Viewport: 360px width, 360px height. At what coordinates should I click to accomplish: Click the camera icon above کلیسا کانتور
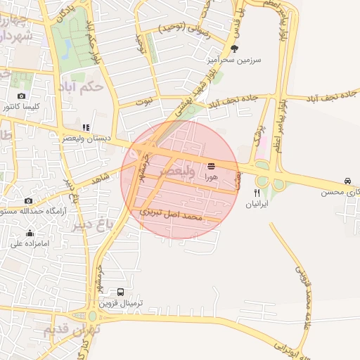click(x=21, y=96)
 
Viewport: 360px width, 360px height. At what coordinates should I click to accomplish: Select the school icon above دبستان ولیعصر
click(x=86, y=127)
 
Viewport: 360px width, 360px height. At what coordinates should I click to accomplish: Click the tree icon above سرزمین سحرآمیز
click(x=234, y=49)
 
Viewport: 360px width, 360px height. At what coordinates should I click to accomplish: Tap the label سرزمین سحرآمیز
click(x=234, y=60)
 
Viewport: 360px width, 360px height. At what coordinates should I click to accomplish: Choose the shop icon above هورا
click(x=212, y=166)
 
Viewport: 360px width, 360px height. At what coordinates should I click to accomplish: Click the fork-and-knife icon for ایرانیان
click(x=257, y=192)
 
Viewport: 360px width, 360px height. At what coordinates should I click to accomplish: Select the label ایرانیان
click(x=257, y=204)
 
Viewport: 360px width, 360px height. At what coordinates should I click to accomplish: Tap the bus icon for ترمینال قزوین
click(x=121, y=292)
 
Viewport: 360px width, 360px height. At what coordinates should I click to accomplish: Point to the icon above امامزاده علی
click(x=30, y=233)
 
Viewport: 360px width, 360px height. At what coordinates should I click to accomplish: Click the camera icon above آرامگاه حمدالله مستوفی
click(x=28, y=200)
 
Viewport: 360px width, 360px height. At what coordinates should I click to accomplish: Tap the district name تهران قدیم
click(x=72, y=328)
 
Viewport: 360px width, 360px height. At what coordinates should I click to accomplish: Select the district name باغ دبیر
click(x=92, y=225)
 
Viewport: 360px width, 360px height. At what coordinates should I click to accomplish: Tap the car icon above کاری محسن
click(x=347, y=181)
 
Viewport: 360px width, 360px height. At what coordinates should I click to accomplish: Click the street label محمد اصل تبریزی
click(x=171, y=214)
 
